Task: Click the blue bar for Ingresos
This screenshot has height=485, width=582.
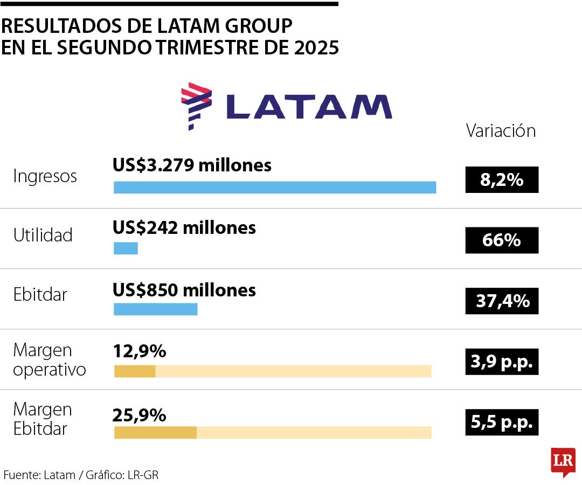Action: point(275,188)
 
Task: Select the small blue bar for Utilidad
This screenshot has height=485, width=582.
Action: point(126,248)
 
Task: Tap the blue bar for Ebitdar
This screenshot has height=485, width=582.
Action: point(155,309)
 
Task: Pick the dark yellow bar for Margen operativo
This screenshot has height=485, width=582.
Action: point(135,371)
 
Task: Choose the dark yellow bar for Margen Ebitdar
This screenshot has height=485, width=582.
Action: point(155,432)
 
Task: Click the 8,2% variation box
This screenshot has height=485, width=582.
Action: point(502,179)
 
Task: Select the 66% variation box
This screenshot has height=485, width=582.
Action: point(502,240)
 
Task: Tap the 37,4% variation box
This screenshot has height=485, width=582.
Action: point(502,301)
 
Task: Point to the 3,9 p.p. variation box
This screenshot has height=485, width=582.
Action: point(502,362)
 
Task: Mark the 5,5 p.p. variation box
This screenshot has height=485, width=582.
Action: point(502,423)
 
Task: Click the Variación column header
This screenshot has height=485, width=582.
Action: point(501,131)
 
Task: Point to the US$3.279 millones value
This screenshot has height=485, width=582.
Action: point(192,165)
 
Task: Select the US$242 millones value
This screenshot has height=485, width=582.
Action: point(184,227)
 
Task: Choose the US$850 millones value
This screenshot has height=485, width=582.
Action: point(184,290)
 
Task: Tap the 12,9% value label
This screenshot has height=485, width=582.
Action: point(139,352)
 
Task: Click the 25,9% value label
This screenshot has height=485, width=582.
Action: point(139,415)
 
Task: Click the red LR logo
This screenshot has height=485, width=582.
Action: point(563,461)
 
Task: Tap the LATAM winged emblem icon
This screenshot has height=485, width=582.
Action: point(196,105)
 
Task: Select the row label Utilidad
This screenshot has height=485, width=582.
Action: point(43,235)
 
